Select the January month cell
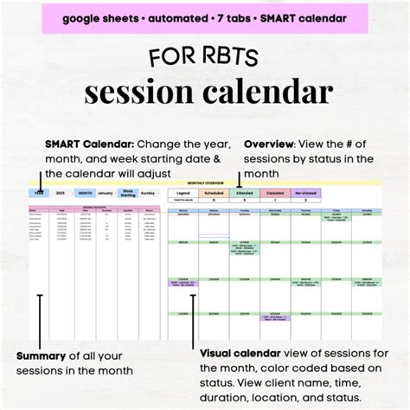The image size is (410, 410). pos(105,192)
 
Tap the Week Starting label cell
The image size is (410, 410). pos(127,192)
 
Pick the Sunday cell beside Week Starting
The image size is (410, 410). pos(149,192)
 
